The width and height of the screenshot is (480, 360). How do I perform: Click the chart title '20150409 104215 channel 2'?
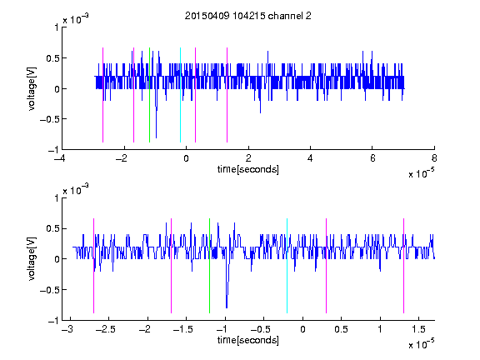(x=248, y=16)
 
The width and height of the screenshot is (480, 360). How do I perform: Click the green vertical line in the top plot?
(x=149, y=95)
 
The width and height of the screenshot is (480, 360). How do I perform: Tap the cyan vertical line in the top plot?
(x=180, y=95)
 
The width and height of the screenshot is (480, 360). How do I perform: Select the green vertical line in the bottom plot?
(x=209, y=266)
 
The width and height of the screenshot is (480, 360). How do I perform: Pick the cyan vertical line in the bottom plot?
(x=287, y=266)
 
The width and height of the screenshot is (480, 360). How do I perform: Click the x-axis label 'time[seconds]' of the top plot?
(x=248, y=169)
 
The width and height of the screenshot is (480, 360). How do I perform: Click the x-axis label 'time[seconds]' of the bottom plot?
(x=248, y=340)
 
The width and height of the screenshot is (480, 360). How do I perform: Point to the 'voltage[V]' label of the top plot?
(x=32, y=89)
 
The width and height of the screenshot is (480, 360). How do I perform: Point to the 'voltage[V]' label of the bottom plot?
(x=32, y=259)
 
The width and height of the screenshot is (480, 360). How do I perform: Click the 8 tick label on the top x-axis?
(x=434, y=158)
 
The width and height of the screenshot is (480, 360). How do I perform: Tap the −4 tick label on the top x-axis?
(x=60, y=158)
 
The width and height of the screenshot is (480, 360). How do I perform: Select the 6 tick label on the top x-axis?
(x=372, y=158)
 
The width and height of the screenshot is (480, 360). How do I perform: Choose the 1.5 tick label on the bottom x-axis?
(x=418, y=329)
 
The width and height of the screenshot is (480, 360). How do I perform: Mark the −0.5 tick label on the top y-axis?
(x=49, y=119)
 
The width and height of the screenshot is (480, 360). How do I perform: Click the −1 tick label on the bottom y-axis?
(x=53, y=321)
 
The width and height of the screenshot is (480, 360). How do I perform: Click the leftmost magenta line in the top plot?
(x=102, y=95)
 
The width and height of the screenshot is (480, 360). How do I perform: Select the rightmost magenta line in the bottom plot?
(x=403, y=266)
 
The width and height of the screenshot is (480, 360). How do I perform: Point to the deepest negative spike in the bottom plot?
(x=227, y=307)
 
